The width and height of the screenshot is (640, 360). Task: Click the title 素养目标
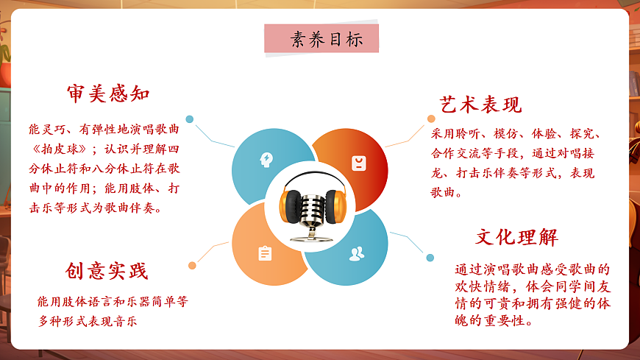(321, 40)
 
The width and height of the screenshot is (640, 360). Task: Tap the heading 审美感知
(108, 94)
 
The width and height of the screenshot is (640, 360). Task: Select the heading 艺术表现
(480, 105)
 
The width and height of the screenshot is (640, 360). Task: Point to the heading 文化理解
(516, 237)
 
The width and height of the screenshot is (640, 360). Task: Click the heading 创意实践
(107, 271)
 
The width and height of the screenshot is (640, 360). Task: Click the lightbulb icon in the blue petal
(265, 159)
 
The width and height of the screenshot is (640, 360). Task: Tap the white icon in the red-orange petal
(358, 163)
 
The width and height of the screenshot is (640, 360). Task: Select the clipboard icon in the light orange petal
(265, 253)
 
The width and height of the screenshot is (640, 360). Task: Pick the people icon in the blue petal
(357, 254)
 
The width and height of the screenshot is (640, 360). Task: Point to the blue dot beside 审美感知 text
(190, 119)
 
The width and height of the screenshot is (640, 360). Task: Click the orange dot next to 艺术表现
(431, 119)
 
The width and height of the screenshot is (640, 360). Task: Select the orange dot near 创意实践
(192, 265)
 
